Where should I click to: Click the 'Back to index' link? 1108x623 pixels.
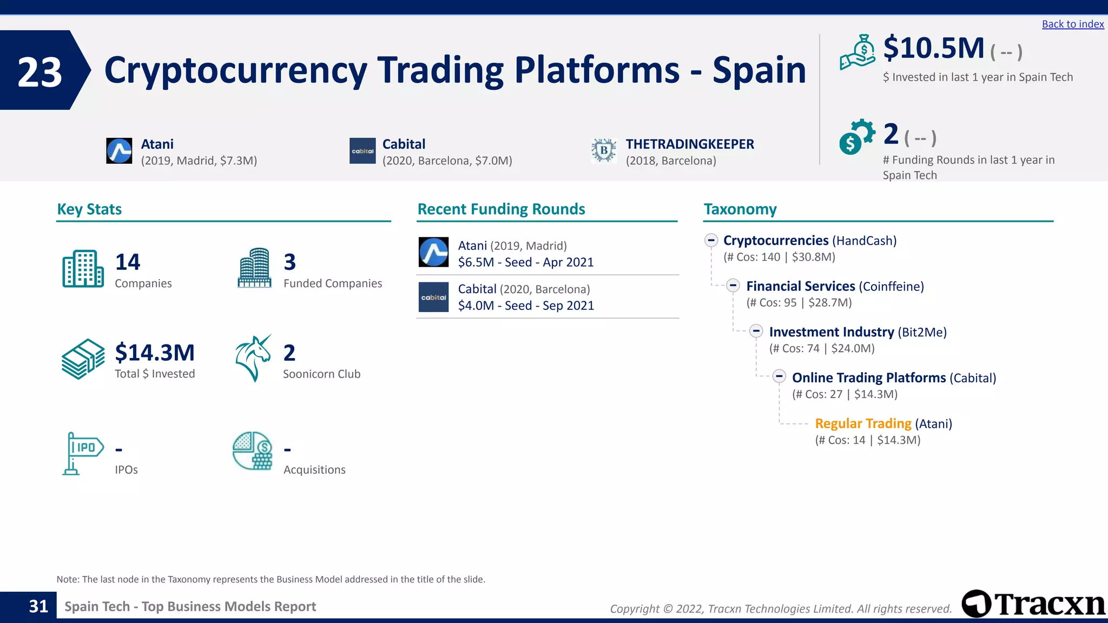(1072, 24)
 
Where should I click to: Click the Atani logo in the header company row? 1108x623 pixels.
(119, 151)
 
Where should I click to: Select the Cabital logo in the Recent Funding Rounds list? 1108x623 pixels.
(433, 297)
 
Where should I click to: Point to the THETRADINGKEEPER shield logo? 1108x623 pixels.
(604, 150)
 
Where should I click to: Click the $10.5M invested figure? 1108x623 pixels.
(934, 49)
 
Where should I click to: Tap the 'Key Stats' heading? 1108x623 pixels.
(89, 209)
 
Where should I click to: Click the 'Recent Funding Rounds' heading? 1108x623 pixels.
(501, 209)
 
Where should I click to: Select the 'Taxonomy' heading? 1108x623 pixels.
(740, 209)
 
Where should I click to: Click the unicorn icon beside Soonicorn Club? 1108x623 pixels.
(253, 358)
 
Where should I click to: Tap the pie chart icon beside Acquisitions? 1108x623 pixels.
(253, 451)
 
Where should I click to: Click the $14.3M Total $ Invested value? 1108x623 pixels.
(155, 353)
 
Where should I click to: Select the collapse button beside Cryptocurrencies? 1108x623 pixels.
(711, 240)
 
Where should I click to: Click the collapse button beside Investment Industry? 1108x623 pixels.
(756, 332)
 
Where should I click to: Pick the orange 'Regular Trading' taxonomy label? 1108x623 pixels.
(863, 423)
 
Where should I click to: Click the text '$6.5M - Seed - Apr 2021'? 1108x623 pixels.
(525, 262)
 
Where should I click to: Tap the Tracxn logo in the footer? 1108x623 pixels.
(1033, 604)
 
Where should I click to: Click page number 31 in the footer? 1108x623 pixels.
(38, 606)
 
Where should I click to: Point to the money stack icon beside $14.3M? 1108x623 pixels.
(83, 359)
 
